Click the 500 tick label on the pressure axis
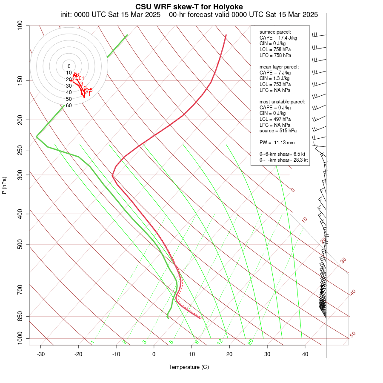[20, 244]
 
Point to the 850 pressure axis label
[20, 316]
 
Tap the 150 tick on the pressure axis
[20, 80]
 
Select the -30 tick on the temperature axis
[41, 354]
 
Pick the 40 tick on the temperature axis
[305, 354]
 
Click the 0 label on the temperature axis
[154, 354]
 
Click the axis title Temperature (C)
[189, 367]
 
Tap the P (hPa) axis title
[4, 185]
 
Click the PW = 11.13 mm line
[277, 142]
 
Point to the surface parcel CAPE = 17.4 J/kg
[278, 38]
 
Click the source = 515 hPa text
[278, 131]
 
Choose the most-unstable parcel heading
[282, 102]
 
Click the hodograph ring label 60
[69, 106]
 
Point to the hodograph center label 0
[69, 66]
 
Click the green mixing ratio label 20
[251, 342]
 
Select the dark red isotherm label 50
[353, 335]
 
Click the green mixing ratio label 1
[92, 342]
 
